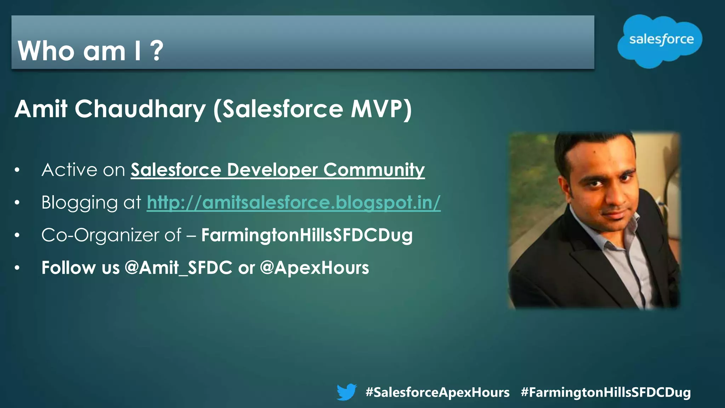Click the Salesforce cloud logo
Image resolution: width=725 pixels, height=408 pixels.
tap(660, 40)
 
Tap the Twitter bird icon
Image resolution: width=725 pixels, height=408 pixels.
tap(346, 392)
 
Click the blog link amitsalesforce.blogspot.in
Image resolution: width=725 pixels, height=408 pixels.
tap(293, 203)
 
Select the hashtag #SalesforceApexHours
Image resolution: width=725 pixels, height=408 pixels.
tap(437, 392)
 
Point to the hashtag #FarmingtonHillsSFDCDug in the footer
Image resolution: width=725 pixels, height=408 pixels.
tap(606, 392)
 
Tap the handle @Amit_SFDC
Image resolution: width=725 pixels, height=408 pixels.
tap(178, 268)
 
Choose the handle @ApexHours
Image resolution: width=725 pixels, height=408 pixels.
tap(314, 268)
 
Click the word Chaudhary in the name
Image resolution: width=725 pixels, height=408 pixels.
tap(140, 109)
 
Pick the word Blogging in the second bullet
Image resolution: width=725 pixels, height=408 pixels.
tap(79, 203)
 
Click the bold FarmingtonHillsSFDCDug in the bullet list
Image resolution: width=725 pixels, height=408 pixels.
tap(307, 235)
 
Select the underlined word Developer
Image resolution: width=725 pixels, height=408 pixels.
tap(272, 170)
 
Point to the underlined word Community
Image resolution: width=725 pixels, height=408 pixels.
tap(374, 170)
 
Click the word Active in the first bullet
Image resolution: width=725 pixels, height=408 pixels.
tap(69, 170)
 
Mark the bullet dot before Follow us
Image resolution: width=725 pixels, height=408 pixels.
tap(17, 268)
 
